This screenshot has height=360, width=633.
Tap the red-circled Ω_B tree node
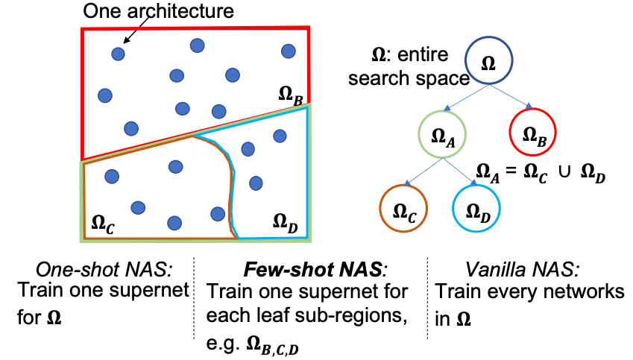pos(532,134)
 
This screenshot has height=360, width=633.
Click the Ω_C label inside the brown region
pos(102,221)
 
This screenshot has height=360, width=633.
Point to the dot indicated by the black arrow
pos(118,54)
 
